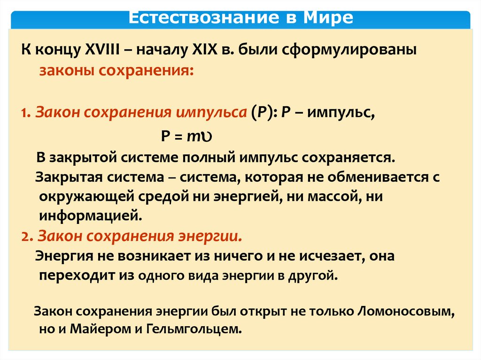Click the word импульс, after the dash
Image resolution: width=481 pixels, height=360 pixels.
341,113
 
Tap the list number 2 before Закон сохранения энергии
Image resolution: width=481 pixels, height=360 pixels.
25,236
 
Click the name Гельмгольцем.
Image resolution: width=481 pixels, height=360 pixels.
194,329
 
